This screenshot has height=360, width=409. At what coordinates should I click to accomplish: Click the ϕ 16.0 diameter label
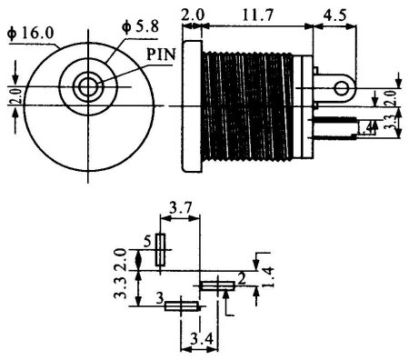coord(30,33)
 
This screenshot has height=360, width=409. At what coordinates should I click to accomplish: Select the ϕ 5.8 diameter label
coord(140,26)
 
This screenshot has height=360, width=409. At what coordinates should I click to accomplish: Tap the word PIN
coord(161,55)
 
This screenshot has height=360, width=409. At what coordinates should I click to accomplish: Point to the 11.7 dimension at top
coord(258,15)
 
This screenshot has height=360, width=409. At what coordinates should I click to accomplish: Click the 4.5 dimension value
coord(334,15)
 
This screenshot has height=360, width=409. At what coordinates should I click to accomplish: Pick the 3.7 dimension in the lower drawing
coord(180,209)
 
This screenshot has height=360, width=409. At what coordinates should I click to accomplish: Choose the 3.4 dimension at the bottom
coord(202,339)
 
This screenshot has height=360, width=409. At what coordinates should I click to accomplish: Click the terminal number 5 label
coord(147,242)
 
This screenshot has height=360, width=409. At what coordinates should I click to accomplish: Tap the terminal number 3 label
coord(160,298)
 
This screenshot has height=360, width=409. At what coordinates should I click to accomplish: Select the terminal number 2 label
coord(242,280)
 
